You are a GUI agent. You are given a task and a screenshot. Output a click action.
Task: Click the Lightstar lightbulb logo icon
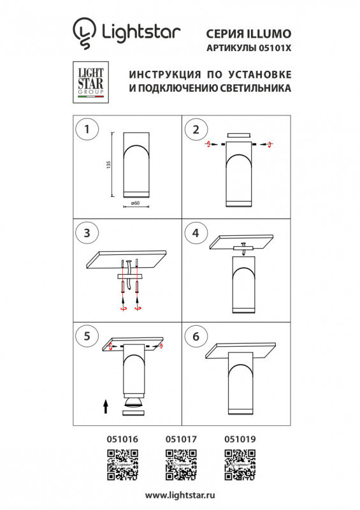pos(83,32)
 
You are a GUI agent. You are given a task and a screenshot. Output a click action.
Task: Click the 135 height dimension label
pos(109,164)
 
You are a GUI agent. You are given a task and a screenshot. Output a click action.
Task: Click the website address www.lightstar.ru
pos(180,495)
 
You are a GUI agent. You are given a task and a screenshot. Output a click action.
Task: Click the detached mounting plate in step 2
pos(239,135)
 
